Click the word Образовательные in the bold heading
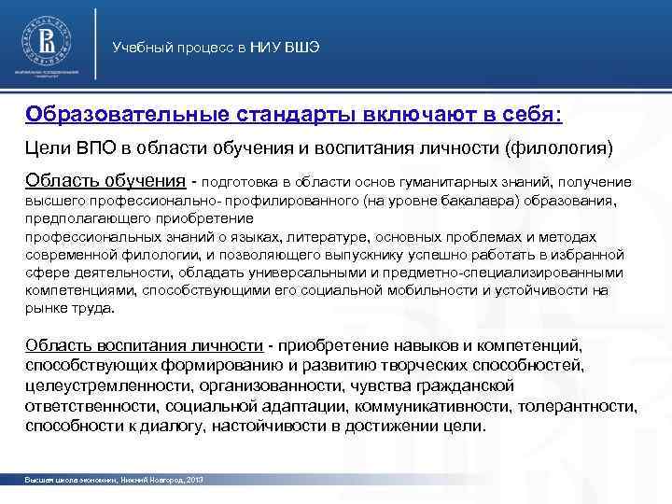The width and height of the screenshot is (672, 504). click(x=122, y=114)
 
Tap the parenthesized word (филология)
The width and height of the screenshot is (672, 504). click(x=558, y=147)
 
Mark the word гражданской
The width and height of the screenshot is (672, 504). click(x=460, y=385)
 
